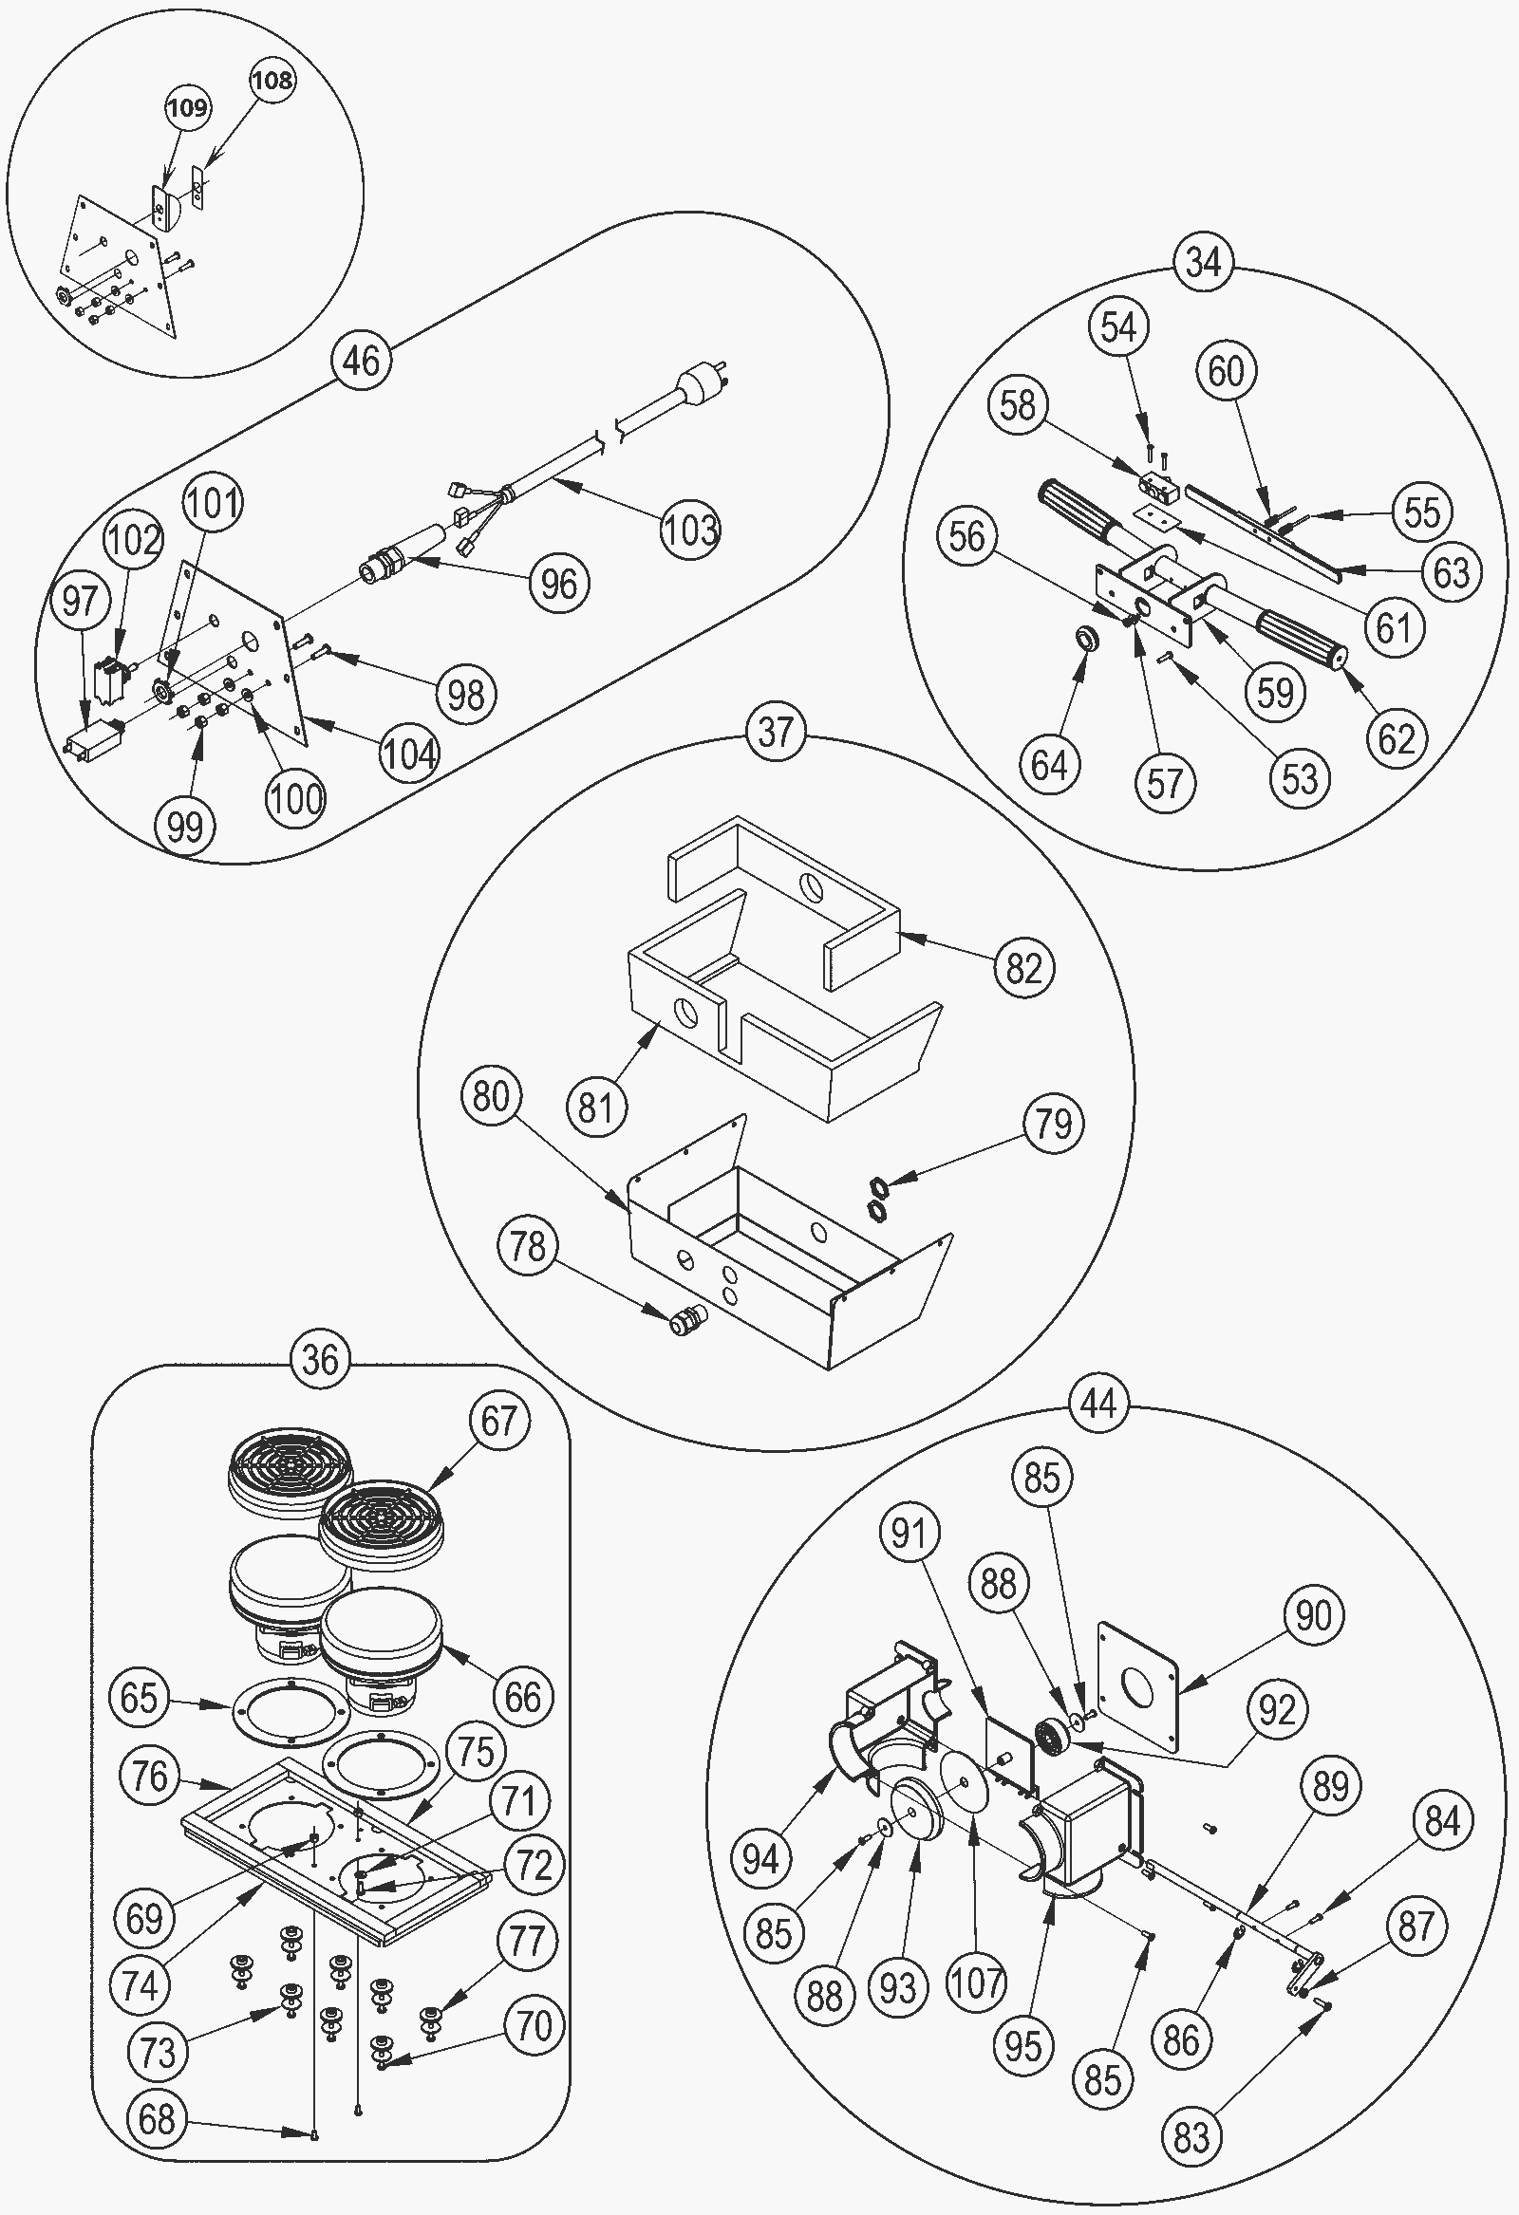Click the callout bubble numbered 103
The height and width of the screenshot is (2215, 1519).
(690, 529)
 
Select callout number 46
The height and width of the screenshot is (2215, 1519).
(361, 362)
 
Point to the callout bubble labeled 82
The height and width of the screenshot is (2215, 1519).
(1023, 967)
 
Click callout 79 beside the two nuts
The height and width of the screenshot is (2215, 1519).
(1054, 1124)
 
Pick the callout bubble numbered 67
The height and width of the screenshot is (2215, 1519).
(498, 1421)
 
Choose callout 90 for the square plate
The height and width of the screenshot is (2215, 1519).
(1314, 1614)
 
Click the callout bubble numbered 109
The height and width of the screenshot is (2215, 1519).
(186, 106)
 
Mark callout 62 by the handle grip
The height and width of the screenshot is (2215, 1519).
(1397, 737)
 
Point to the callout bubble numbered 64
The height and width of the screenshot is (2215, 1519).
(1049, 764)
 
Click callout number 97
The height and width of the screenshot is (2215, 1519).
(80, 601)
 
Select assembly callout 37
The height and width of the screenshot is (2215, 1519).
(776, 732)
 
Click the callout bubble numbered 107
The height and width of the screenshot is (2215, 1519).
(976, 1982)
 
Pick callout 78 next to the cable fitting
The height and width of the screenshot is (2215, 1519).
(527, 1246)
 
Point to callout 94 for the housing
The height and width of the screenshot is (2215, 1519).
(762, 1857)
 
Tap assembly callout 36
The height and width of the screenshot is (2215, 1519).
(319, 1359)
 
